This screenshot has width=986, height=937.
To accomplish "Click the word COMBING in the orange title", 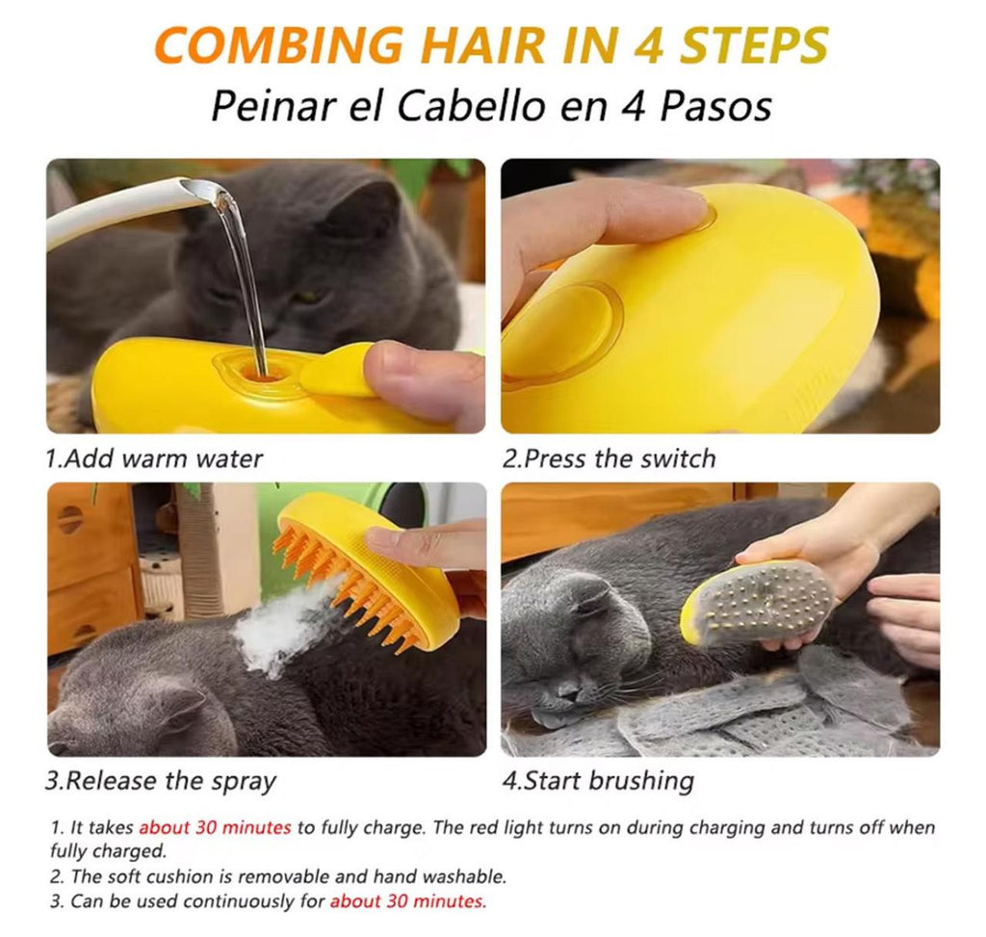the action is pyautogui.click(x=278, y=44).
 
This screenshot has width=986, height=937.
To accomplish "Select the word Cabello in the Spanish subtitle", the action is pyautogui.click(x=471, y=106).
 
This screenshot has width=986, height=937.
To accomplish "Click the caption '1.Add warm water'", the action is pyautogui.click(x=154, y=458).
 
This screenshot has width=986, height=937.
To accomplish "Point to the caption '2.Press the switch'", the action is pyautogui.click(x=609, y=458).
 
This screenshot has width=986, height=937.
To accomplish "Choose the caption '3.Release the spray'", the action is pyautogui.click(x=161, y=782).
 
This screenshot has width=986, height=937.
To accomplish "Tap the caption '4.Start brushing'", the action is pyautogui.click(x=598, y=782).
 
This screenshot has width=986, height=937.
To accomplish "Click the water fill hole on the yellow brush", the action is pyautogui.click(x=261, y=373).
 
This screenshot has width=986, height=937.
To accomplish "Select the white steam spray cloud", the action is pyautogui.click(x=283, y=629).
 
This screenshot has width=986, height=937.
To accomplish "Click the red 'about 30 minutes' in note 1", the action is pyautogui.click(x=215, y=827).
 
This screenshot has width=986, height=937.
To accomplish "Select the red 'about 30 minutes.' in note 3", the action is pyautogui.click(x=408, y=901).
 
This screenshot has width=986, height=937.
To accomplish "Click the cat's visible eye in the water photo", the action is pyautogui.click(x=309, y=296).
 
